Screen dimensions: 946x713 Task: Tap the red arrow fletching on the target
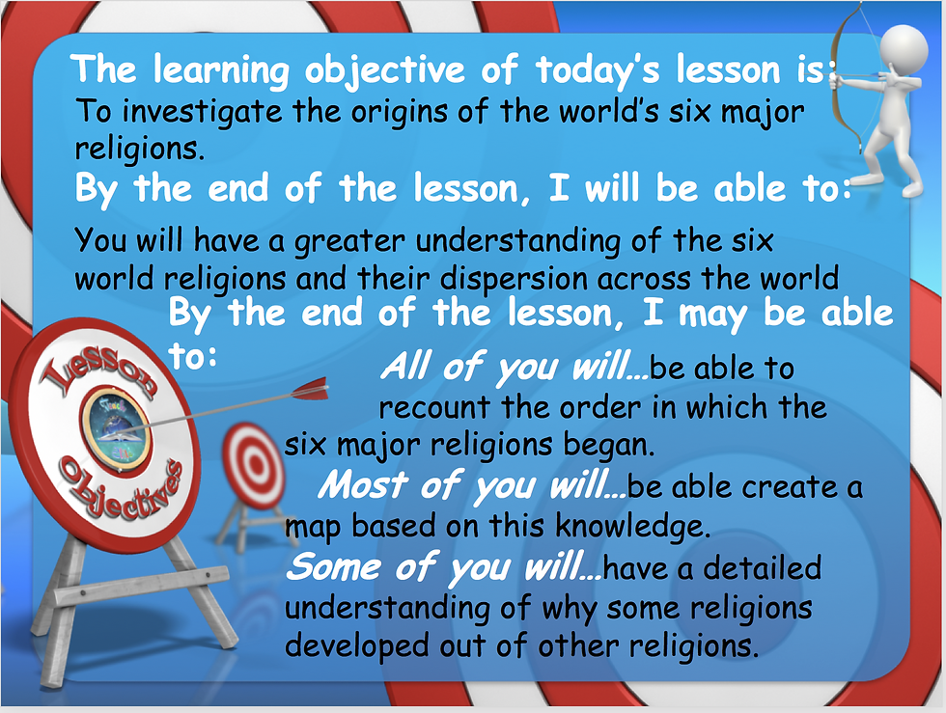pos(310,390)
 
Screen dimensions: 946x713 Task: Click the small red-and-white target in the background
pos(253,464)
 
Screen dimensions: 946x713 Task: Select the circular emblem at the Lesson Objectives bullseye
pos(116,429)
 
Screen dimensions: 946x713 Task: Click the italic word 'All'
pos(407,367)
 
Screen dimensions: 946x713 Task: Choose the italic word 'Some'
pos(333,567)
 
